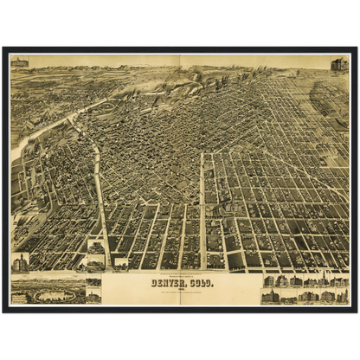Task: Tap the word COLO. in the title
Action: [x=201, y=281]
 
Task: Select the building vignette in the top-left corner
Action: [x=20, y=62]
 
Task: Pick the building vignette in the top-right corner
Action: [x=339, y=64]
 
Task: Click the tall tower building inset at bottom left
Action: [x=20, y=262]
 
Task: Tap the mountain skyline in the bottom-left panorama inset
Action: [x=48, y=283]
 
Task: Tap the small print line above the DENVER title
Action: [x=184, y=273]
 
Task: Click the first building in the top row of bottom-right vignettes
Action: [x=268, y=281]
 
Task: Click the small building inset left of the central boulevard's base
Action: [x=96, y=252]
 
